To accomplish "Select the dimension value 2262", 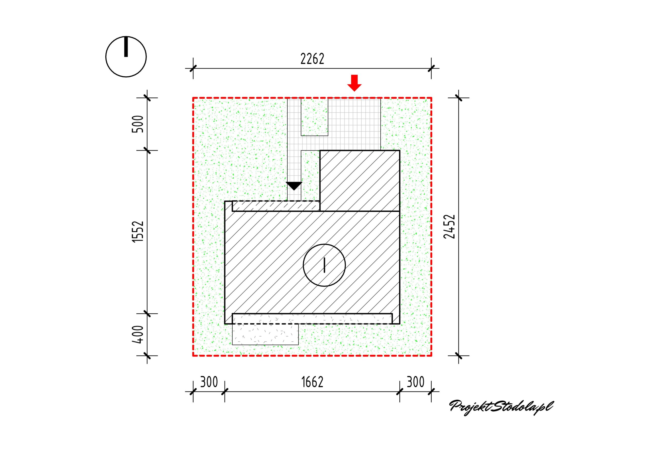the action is point(312,59).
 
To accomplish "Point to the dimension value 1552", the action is point(138,232).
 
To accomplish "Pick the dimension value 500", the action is point(138,124).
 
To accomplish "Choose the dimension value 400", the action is point(138,334).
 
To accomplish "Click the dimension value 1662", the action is point(312,382).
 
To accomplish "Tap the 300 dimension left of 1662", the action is point(209,382).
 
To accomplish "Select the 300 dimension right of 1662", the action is point(416,382).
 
